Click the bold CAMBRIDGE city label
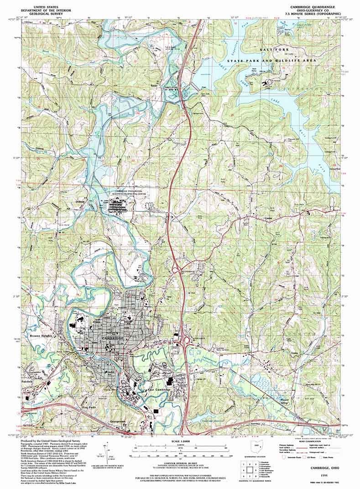[113, 337]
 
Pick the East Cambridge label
[157, 391]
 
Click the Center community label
[269, 219]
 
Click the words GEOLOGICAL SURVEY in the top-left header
[45, 15]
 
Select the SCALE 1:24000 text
[180, 442]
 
